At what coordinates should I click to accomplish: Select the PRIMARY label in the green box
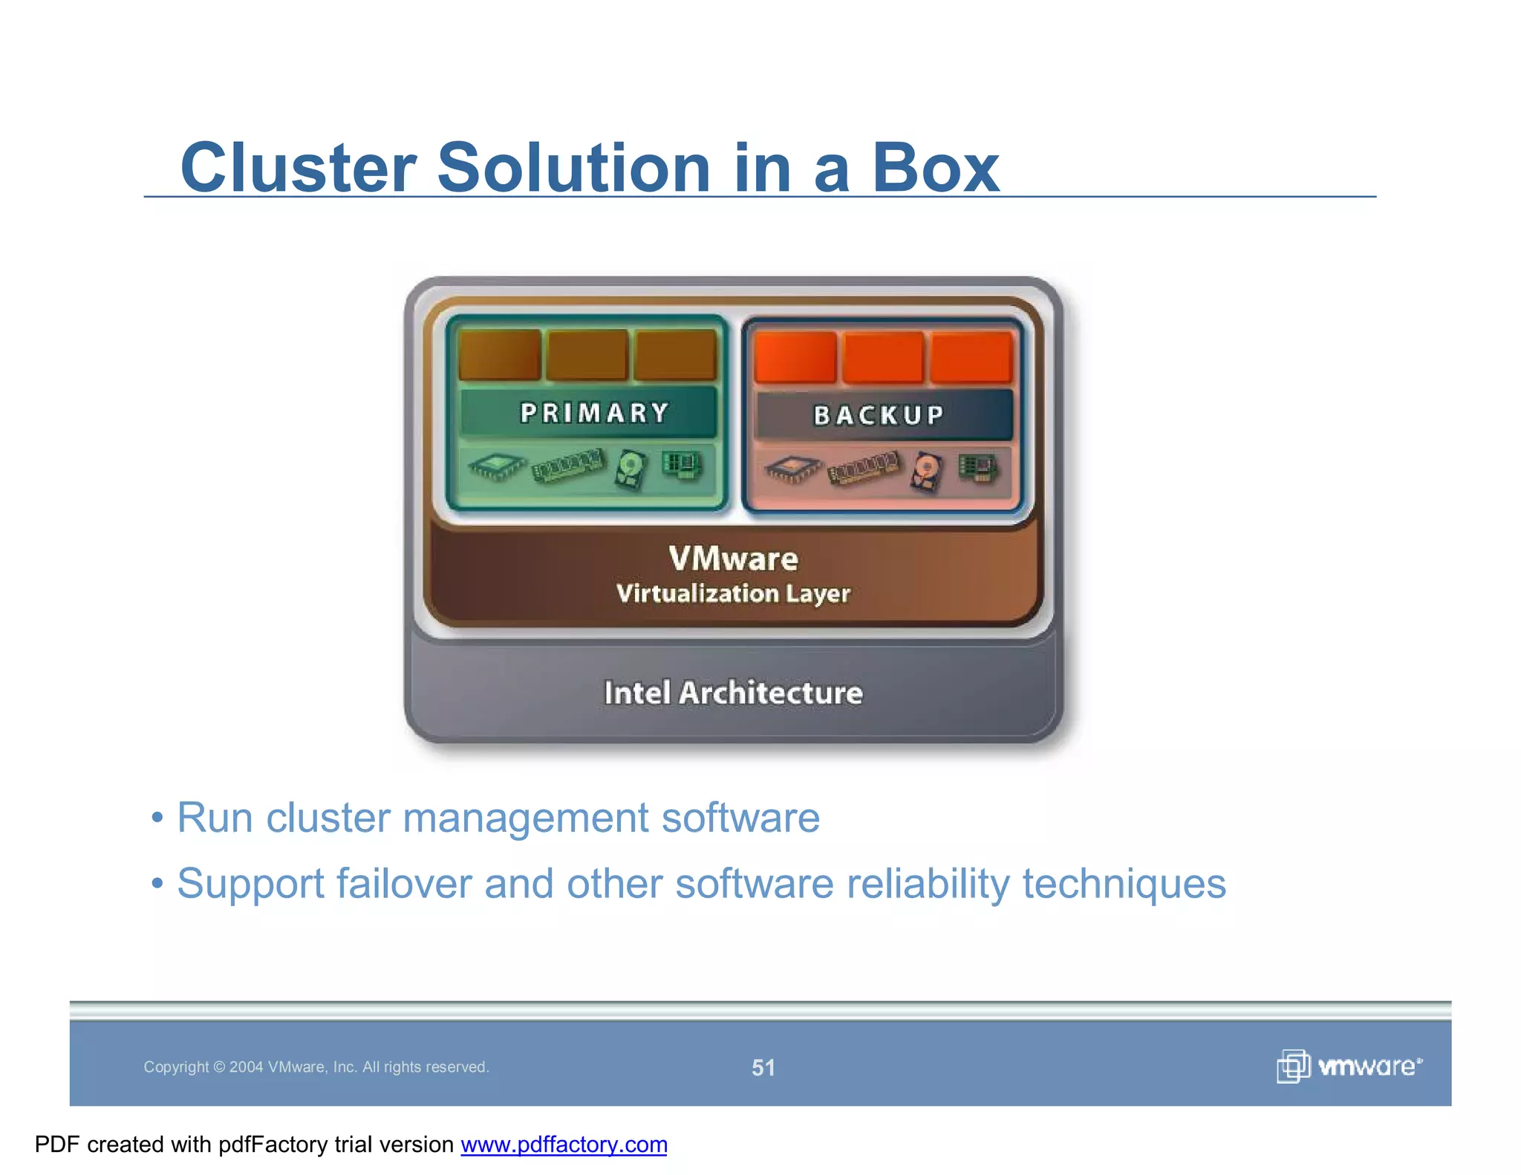593,413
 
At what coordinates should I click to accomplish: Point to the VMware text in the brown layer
733,559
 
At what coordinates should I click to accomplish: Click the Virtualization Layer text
733,593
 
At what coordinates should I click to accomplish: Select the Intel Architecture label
733,693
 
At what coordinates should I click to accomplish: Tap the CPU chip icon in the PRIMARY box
496,466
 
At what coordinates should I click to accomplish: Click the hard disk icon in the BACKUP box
927,470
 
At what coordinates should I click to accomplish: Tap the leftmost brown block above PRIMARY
499,354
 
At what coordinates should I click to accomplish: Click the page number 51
763,1067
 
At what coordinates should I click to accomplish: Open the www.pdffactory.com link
564,1145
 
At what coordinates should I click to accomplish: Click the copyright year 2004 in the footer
246,1067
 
